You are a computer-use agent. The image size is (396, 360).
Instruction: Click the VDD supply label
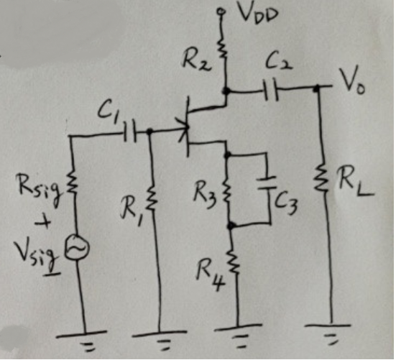[252, 14]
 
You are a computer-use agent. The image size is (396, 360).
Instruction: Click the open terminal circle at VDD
[223, 13]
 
